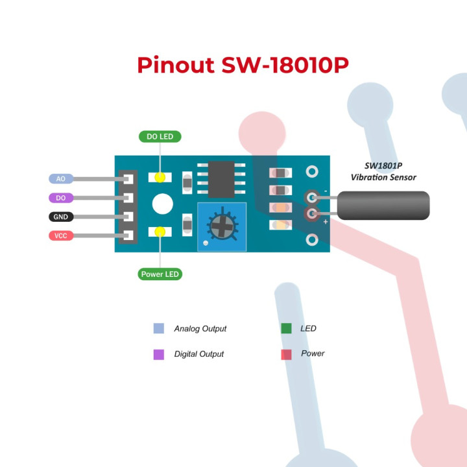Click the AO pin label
click(61, 178)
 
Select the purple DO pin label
click(61, 198)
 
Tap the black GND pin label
click(61, 217)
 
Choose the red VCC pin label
click(61, 235)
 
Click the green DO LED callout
click(160, 136)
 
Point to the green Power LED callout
click(160, 274)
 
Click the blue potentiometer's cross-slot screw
click(221, 225)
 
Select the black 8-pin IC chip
click(221, 179)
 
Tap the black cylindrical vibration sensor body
click(383, 205)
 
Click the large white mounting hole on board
click(162, 204)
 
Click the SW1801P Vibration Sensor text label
click(383, 172)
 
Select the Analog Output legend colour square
click(159, 329)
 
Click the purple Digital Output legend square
click(159, 354)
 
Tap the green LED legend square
click(286, 329)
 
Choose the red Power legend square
click(286, 354)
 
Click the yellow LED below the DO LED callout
click(160, 177)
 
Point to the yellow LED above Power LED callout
click(160, 232)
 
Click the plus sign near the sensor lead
click(325, 222)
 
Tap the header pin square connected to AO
click(128, 178)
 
